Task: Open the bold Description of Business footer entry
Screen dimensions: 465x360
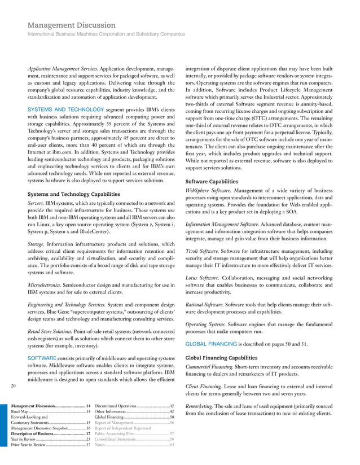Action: (37, 433)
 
